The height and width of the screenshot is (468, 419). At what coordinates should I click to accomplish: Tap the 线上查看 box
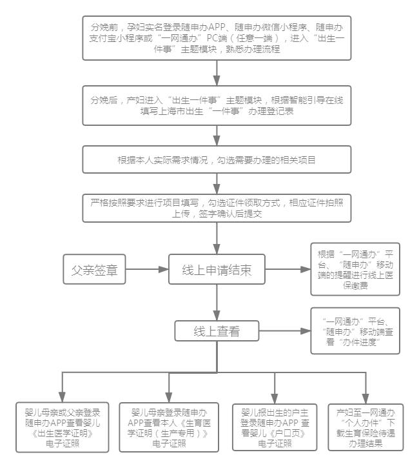[217, 332]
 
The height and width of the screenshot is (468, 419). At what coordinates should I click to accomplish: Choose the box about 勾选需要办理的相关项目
[217, 159]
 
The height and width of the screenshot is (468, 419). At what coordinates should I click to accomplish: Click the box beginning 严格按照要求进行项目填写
[217, 207]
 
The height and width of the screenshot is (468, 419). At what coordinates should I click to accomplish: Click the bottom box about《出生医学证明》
[63, 426]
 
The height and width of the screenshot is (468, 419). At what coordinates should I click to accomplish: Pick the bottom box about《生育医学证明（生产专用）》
[169, 426]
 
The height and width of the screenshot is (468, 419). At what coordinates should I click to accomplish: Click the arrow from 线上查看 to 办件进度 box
[281, 332]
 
